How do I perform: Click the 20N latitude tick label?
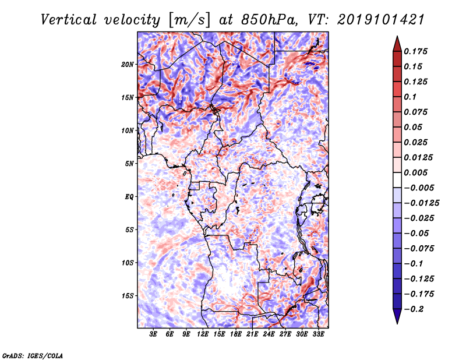tap(128, 64)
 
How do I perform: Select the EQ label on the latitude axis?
tap(129, 196)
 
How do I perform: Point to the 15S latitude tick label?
tap(128, 295)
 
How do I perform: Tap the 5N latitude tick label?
tap(129, 164)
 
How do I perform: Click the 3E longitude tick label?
tap(153, 334)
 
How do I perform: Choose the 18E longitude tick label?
tap(236, 334)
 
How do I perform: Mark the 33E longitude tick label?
tap(319, 334)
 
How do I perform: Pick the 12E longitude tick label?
tap(203, 334)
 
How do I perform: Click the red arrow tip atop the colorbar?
tap(397, 41)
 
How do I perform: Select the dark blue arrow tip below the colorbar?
tap(397, 318)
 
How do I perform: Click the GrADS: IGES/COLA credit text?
tap(32, 355)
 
